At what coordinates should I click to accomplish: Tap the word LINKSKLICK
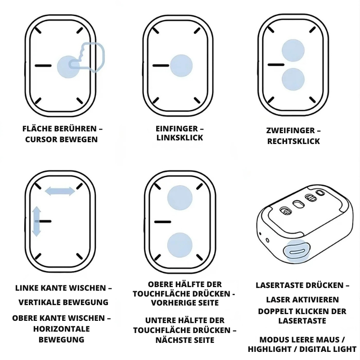click(180, 138)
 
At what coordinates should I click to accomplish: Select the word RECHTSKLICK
click(293, 141)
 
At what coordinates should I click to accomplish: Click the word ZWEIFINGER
click(290, 130)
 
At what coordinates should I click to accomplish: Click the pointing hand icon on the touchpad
click(87, 58)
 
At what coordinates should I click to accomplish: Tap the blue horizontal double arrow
click(60, 191)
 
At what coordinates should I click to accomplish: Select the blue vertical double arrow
click(36, 221)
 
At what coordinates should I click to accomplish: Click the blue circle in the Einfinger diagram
click(181, 66)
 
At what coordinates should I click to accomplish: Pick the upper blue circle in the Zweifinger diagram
click(293, 50)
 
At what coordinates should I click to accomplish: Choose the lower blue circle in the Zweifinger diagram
click(293, 79)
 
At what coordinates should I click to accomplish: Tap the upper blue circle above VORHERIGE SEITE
click(180, 198)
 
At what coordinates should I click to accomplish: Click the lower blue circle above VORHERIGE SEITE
click(180, 245)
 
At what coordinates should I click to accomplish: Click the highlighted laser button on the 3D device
click(297, 252)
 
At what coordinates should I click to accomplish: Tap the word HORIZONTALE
click(62, 329)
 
